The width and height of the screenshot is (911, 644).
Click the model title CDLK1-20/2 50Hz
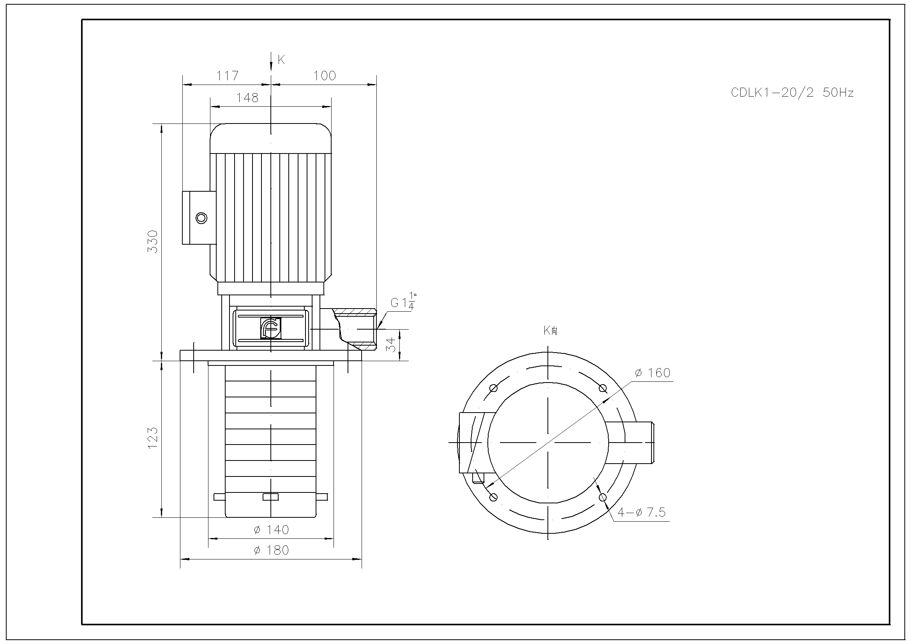[792, 93]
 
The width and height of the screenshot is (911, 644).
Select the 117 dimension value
[227, 76]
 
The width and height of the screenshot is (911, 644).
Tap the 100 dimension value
[325, 76]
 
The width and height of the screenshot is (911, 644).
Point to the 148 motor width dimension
[247, 98]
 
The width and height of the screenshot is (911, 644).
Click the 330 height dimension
[153, 241]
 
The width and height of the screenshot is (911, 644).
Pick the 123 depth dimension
[153, 438]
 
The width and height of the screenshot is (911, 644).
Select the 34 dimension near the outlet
[392, 344]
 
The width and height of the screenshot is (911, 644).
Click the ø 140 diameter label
[272, 530]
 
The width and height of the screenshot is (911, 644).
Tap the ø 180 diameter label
[272, 550]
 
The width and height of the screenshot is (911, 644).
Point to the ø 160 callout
[653, 373]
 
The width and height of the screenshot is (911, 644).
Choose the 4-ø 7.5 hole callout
[641, 513]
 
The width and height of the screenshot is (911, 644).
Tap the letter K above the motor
[281, 60]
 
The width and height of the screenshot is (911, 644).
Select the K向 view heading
[551, 330]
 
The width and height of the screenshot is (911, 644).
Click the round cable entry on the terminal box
[201, 218]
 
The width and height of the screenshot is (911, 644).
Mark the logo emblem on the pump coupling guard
[270, 328]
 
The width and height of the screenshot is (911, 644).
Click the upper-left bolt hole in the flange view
[493, 388]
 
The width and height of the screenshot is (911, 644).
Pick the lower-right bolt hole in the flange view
[603, 497]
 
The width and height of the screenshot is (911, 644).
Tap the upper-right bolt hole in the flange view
[603, 388]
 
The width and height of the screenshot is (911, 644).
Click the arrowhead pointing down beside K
[270, 67]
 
